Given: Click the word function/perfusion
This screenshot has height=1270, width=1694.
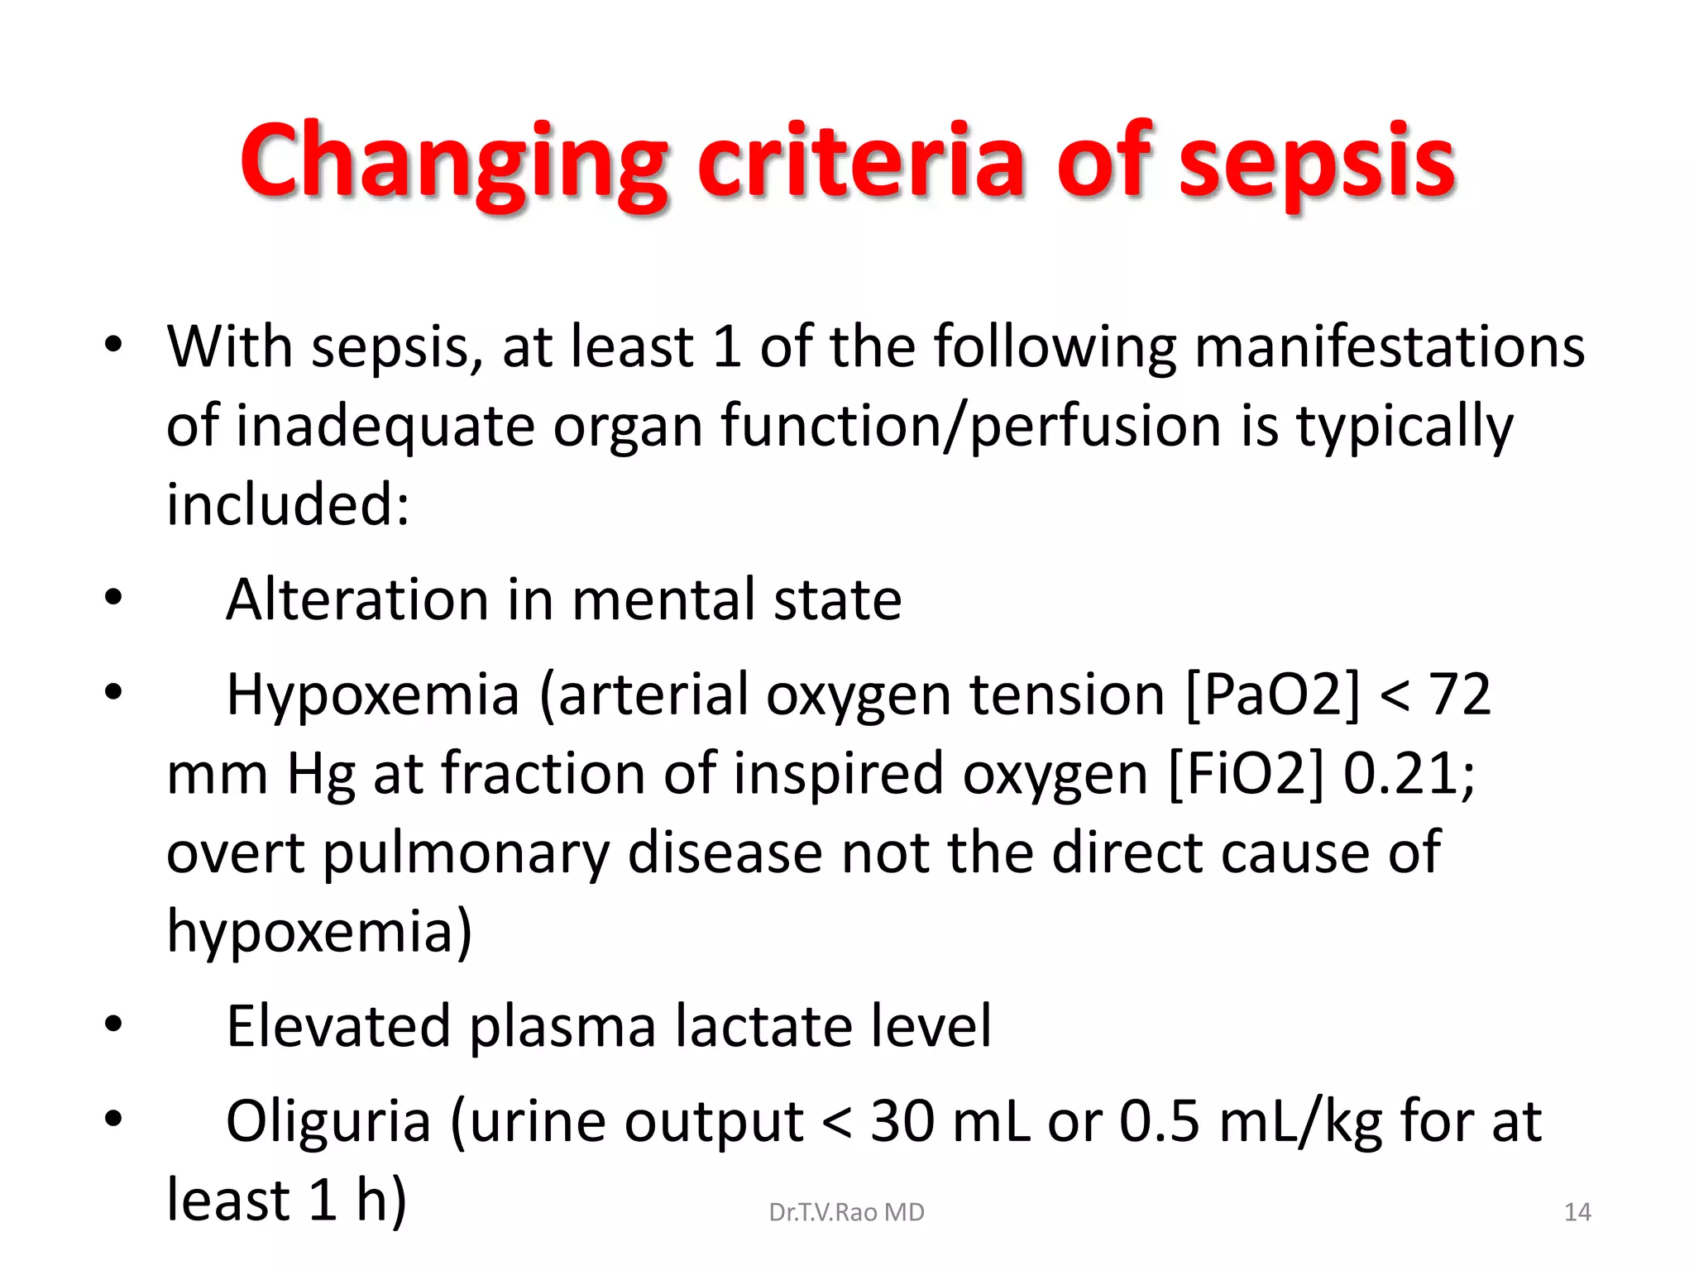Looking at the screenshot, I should point(971,425).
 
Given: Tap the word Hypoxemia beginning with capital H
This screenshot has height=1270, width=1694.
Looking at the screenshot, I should point(373,694).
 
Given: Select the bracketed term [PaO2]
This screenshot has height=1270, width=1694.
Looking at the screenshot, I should point(1272,694).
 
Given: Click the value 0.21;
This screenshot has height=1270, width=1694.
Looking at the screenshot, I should point(1409,773).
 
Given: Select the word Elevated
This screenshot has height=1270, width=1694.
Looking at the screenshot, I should point(338,1026).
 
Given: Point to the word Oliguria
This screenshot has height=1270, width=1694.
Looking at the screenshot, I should point(328,1121).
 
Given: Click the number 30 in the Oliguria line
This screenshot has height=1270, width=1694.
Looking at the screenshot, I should point(902,1121).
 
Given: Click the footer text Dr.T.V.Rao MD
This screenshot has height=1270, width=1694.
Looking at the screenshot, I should point(846,1212).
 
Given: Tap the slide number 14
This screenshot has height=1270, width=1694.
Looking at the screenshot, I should point(1577,1212).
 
